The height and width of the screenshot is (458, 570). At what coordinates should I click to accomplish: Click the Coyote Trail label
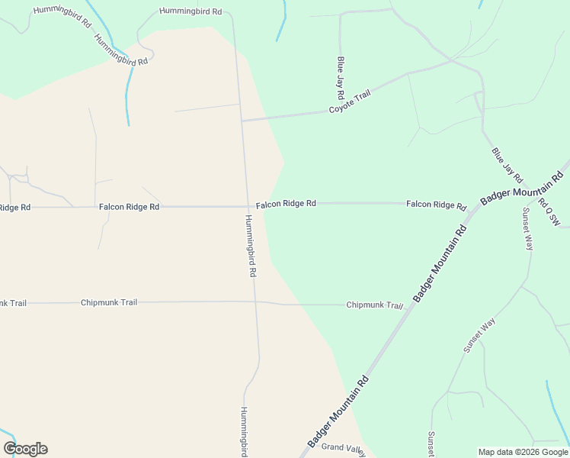click(x=350, y=102)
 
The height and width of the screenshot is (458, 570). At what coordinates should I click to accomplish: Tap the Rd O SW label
click(x=549, y=212)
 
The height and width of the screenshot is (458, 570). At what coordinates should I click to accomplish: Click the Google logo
click(x=25, y=449)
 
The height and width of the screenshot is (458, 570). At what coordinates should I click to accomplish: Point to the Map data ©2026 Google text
click(x=523, y=452)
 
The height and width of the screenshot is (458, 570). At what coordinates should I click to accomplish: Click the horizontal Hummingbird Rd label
click(x=191, y=11)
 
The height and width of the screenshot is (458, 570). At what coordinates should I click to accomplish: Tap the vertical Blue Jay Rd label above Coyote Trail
click(x=341, y=77)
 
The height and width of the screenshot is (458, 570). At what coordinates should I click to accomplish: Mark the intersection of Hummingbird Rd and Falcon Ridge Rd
click(x=248, y=206)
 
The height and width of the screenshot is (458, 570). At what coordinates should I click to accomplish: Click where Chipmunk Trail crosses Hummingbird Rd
click(x=255, y=302)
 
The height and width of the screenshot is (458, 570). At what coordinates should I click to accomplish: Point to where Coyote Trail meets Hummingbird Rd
click(x=242, y=120)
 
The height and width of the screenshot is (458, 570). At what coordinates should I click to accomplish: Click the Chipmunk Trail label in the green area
click(x=374, y=305)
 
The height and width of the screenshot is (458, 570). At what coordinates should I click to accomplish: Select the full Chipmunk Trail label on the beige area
click(x=109, y=303)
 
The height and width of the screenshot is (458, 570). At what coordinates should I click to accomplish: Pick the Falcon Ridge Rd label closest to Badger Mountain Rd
click(x=436, y=205)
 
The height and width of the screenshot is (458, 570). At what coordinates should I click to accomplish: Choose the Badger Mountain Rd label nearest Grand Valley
click(x=338, y=412)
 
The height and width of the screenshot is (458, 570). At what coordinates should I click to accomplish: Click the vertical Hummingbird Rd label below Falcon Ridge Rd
click(x=250, y=245)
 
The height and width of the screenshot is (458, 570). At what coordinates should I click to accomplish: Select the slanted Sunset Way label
click(x=479, y=335)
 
